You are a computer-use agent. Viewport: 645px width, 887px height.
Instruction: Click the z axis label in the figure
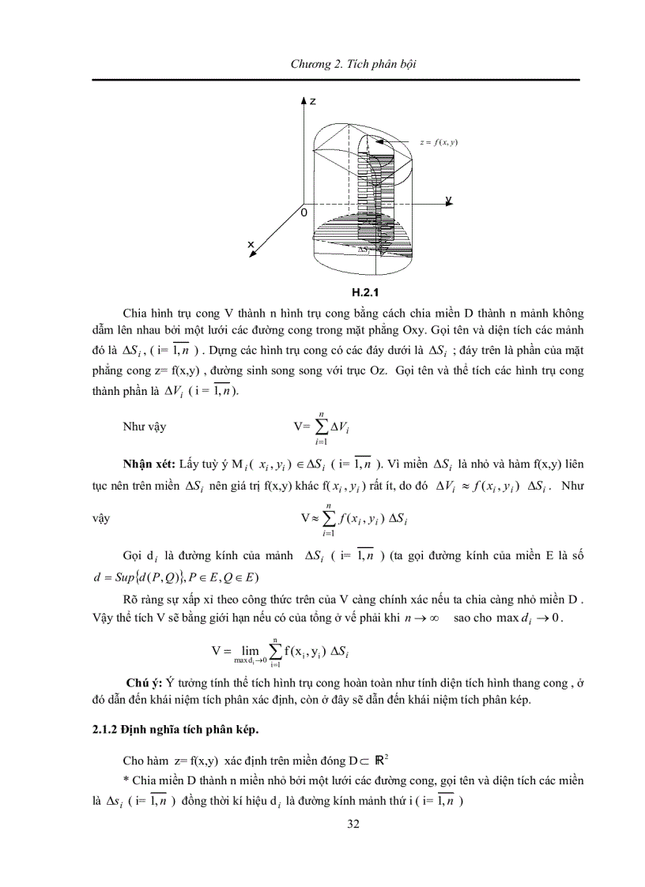pos(314,102)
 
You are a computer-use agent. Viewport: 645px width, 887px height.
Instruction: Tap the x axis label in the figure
pos(251,245)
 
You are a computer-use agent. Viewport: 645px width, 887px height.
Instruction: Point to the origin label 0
pos(301,213)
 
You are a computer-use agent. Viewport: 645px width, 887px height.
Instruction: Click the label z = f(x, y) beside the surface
pos(439,141)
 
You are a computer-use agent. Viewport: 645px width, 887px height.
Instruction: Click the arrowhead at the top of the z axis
pos(304,101)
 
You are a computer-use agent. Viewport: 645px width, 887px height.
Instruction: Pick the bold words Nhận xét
pos(149,462)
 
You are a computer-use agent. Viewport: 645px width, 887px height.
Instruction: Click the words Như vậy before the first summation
pos(144,427)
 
